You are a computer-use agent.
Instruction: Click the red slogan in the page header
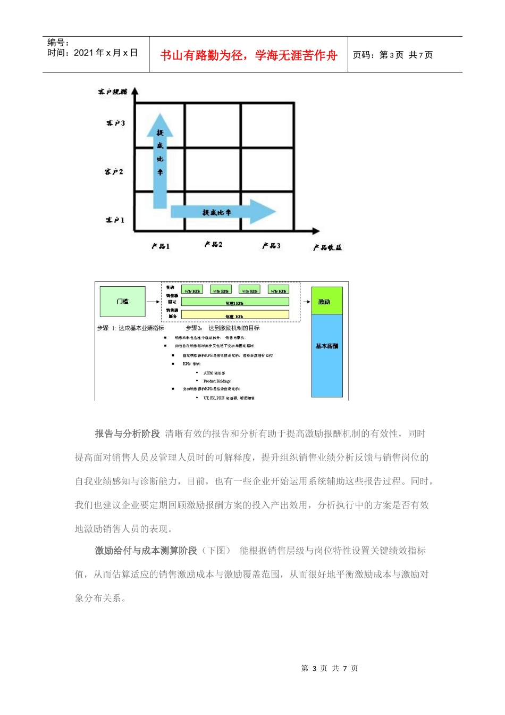click(x=248, y=55)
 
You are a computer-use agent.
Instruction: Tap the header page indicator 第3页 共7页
click(x=393, y=55)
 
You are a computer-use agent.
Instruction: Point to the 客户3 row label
click(x=115, y=123)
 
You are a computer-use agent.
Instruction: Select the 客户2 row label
click(x=114, y=172)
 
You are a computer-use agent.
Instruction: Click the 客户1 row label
click(x=115, y=220)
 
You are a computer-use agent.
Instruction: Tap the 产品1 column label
click(x=161, y=246)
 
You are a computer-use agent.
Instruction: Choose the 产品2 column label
click(x=214, y=244)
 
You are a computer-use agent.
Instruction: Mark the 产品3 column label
click(x=271, y=246)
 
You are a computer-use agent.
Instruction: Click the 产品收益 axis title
click(x=327, y=247)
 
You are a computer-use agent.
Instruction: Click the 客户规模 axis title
click(x=112, y=92)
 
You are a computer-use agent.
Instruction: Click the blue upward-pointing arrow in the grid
click(x=159, y=160)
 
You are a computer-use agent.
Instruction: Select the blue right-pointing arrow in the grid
click(x=223, y=212)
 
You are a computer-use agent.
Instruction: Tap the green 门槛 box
click(x=123, y=302)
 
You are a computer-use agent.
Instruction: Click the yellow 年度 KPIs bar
click(x=235, y=315)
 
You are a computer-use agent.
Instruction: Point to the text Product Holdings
click(x=217, y=381)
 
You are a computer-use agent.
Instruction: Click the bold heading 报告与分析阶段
click(x=128, y=434)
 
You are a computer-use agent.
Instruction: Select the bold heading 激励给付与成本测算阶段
click(x=146, y=551)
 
